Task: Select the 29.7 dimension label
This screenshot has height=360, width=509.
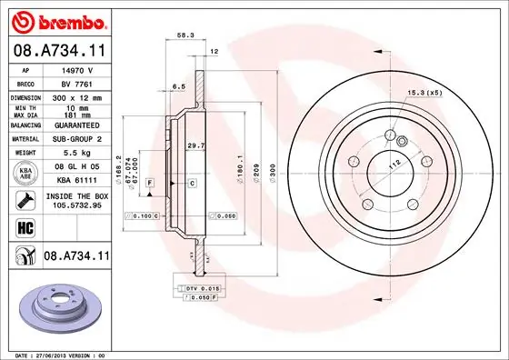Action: coord(195,145)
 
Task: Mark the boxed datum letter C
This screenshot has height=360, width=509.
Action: coord(194,184)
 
